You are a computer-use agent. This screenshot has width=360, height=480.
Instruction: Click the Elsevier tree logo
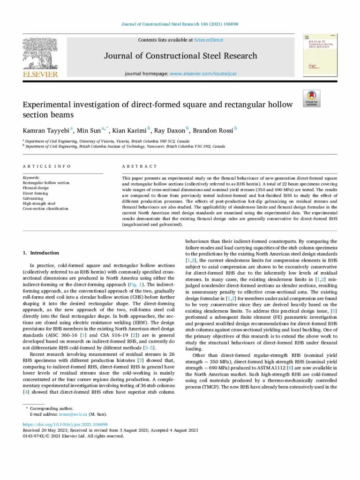(40, 53)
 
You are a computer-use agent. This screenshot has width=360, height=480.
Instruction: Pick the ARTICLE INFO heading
(47, 166)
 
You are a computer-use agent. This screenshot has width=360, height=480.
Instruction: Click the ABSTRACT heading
(140, 166)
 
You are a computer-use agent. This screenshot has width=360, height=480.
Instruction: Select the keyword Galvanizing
(33, 198)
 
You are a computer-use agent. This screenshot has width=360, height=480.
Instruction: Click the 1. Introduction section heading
(41, 253)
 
